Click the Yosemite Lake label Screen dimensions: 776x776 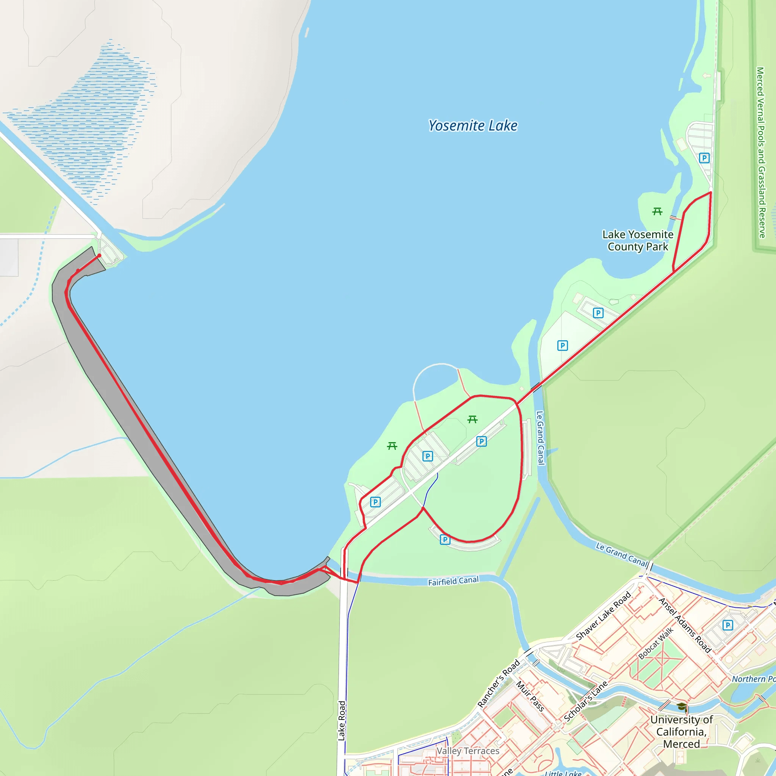473,126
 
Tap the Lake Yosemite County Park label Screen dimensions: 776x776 638,240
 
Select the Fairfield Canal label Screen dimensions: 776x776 453,581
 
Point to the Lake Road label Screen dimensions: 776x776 341,721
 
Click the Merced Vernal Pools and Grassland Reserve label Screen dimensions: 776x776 760,152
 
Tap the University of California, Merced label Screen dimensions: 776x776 682,732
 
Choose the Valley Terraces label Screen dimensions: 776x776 468,751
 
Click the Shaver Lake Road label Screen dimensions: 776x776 603,616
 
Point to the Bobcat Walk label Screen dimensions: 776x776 656,643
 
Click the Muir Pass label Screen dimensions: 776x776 530,696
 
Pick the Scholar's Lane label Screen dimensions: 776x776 586,701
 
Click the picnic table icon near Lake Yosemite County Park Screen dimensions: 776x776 657,211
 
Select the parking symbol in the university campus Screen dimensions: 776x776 727,625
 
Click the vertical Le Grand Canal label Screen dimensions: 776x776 540,437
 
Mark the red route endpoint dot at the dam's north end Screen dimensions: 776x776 99,255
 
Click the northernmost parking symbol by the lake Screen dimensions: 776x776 704,158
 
